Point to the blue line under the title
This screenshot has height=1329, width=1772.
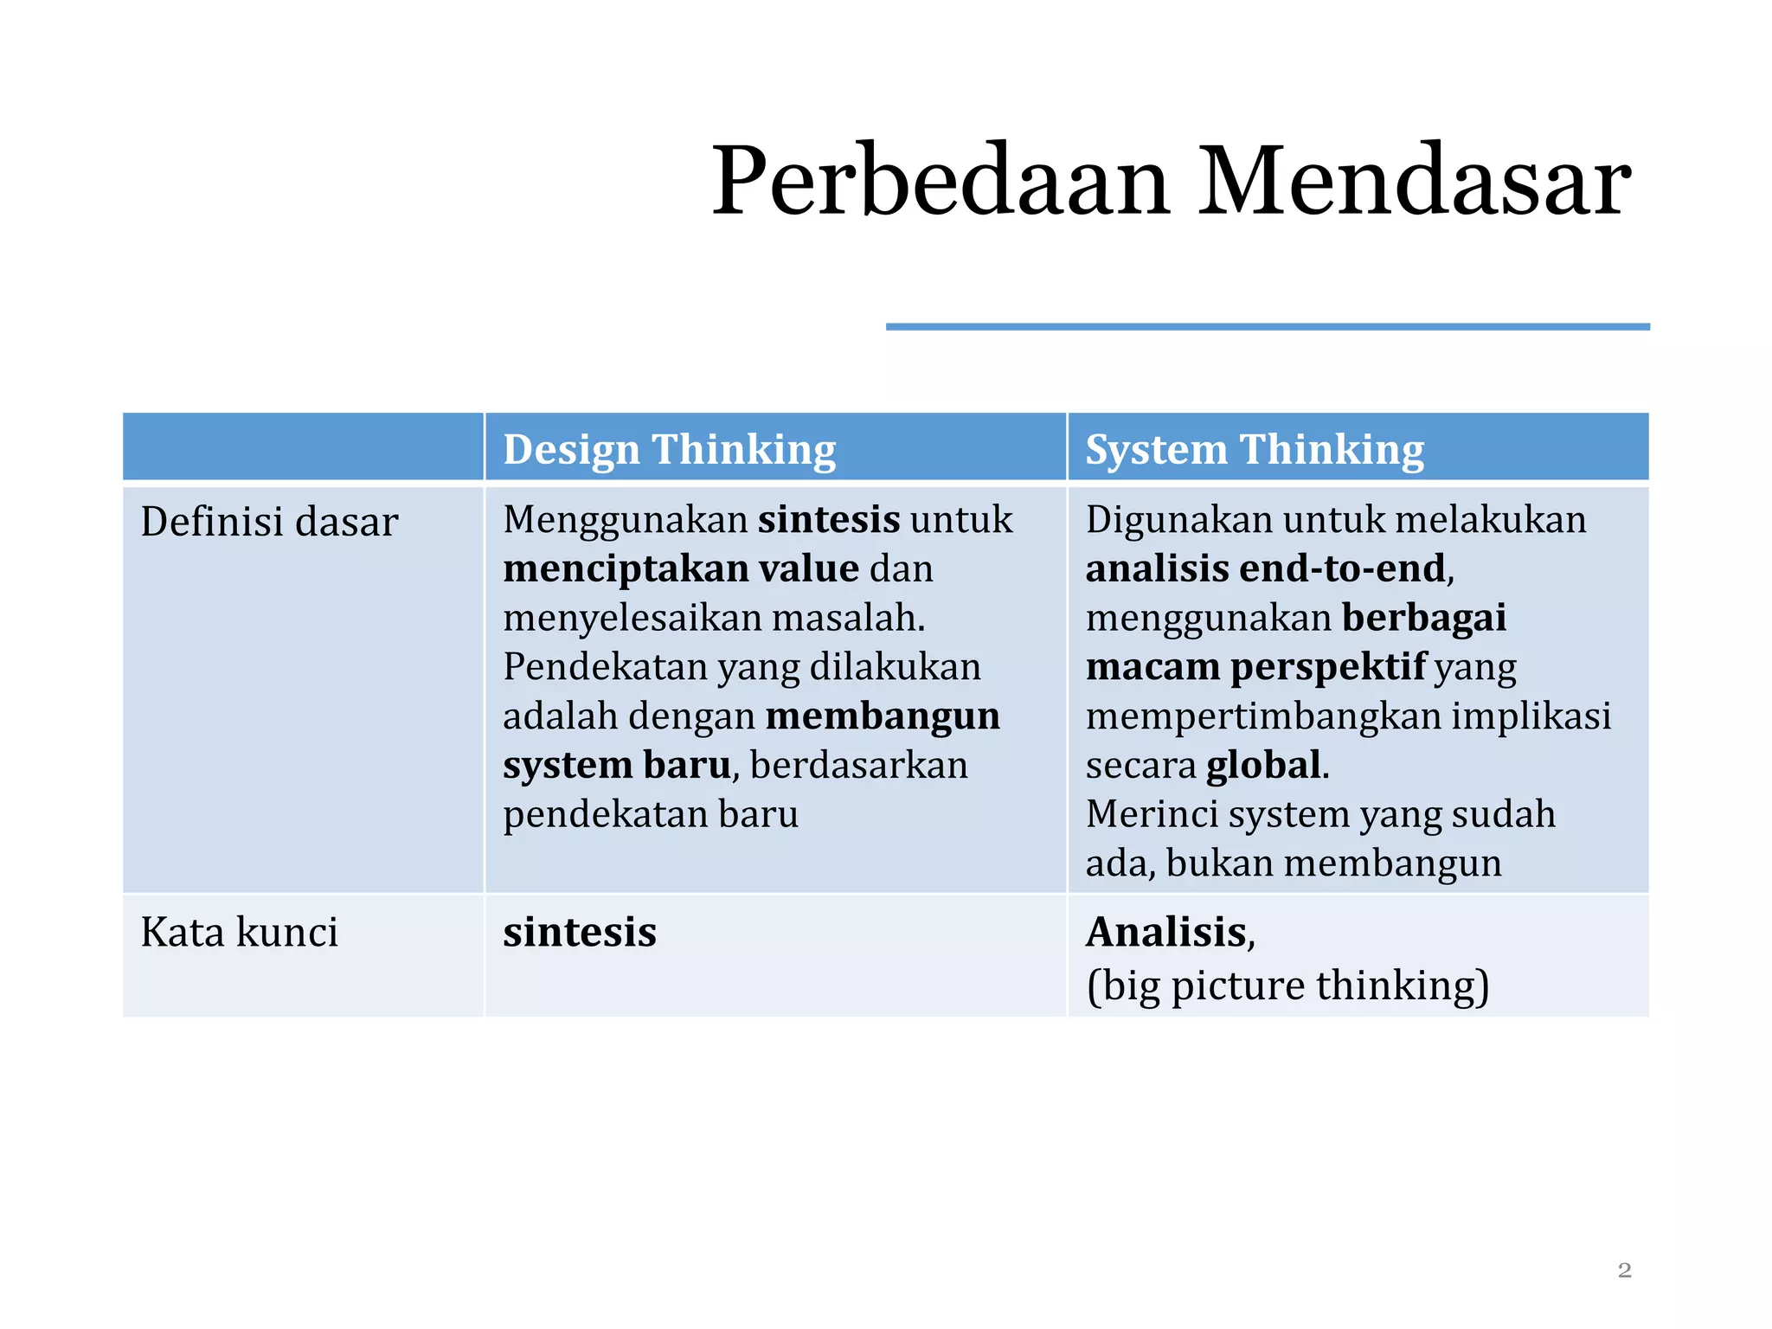(1267, 327)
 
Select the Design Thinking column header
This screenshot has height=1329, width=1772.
(669, 450)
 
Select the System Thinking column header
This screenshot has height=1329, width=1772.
(1254, 450)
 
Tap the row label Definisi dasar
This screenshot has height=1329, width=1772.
(269, 522)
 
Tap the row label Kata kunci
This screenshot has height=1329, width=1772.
(239, 933)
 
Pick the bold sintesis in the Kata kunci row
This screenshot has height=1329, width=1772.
(580, 933)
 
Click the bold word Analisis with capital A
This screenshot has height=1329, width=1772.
(1166, 933)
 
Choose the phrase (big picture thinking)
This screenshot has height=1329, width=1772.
(1287, 986)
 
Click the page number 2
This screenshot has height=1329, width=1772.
(1624, 1270)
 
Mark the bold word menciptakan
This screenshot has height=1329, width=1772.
(626, 569)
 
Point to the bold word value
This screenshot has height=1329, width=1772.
(808, 569)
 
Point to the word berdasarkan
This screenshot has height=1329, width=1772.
(858, 766)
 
